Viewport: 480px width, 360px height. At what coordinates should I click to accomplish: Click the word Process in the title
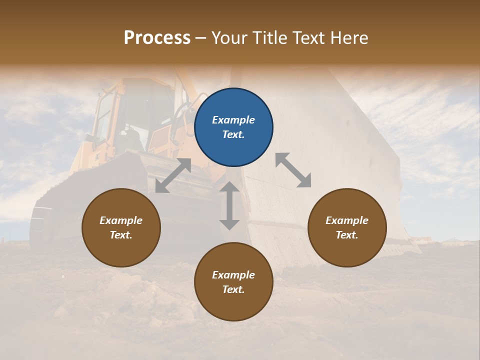pyautogui.click(x=157, y=38)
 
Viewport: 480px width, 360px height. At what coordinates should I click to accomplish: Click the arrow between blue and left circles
pyautogui.click(x=173, y=175)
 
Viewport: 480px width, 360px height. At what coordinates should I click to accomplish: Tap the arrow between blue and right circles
pyautogui.click(x=293, y=170)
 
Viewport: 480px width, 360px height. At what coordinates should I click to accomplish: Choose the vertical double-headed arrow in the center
pyautogui.click(x=229, y=205)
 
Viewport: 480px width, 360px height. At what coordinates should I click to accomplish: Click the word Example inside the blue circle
pyautogui.click(x=233, y=120)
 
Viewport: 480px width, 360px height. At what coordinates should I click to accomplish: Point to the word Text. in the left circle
pyautogui.click(x=121, y=235)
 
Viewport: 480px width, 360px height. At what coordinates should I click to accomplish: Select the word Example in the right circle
pyautogui.click(x=347, y=220)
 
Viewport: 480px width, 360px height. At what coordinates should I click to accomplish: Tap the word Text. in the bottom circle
pyautogui.click(x=233, y=289)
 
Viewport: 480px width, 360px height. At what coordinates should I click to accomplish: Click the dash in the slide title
pyautogui.click(x=201, y=38)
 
